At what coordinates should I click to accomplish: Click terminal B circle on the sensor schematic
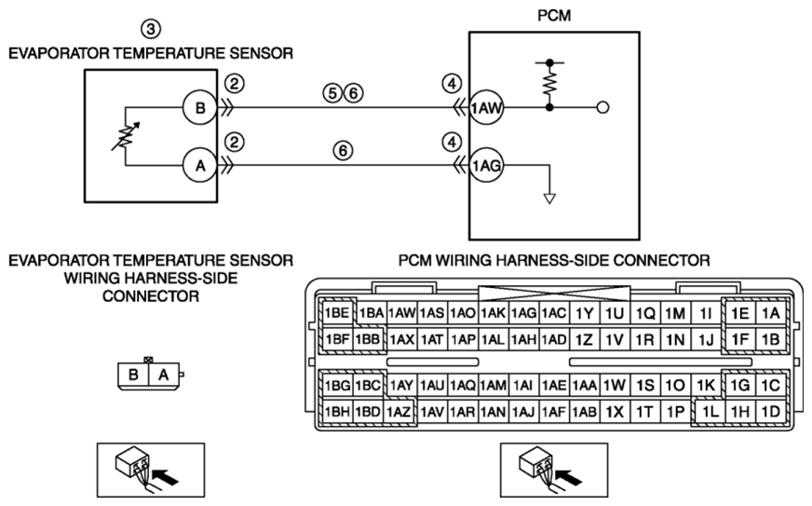(200, 108)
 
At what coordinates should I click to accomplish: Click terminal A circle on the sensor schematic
(200, 166)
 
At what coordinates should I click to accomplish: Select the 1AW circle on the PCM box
(486, 108)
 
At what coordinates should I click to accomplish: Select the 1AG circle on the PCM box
(486, 166)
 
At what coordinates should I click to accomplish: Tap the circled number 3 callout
(151, 29)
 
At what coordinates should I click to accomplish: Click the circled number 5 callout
(332, 93)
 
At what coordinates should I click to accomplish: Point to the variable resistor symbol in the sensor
(126, 137)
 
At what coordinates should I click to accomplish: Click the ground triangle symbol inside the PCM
(549, 198)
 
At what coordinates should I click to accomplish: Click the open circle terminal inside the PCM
(602, 108)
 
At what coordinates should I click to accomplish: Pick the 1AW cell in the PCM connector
(402, 313)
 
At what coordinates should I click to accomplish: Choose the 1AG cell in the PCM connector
(523, 313)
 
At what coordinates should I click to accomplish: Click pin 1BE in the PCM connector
(337, 313)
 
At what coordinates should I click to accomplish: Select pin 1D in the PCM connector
(771, 412)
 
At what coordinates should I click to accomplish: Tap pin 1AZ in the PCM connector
(399, 412)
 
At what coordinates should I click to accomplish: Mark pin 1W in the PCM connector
(615, 385)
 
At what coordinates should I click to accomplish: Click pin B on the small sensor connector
(133, 375)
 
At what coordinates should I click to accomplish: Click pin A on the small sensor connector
(164, 375)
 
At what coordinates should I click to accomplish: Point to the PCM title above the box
(554, 16)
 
